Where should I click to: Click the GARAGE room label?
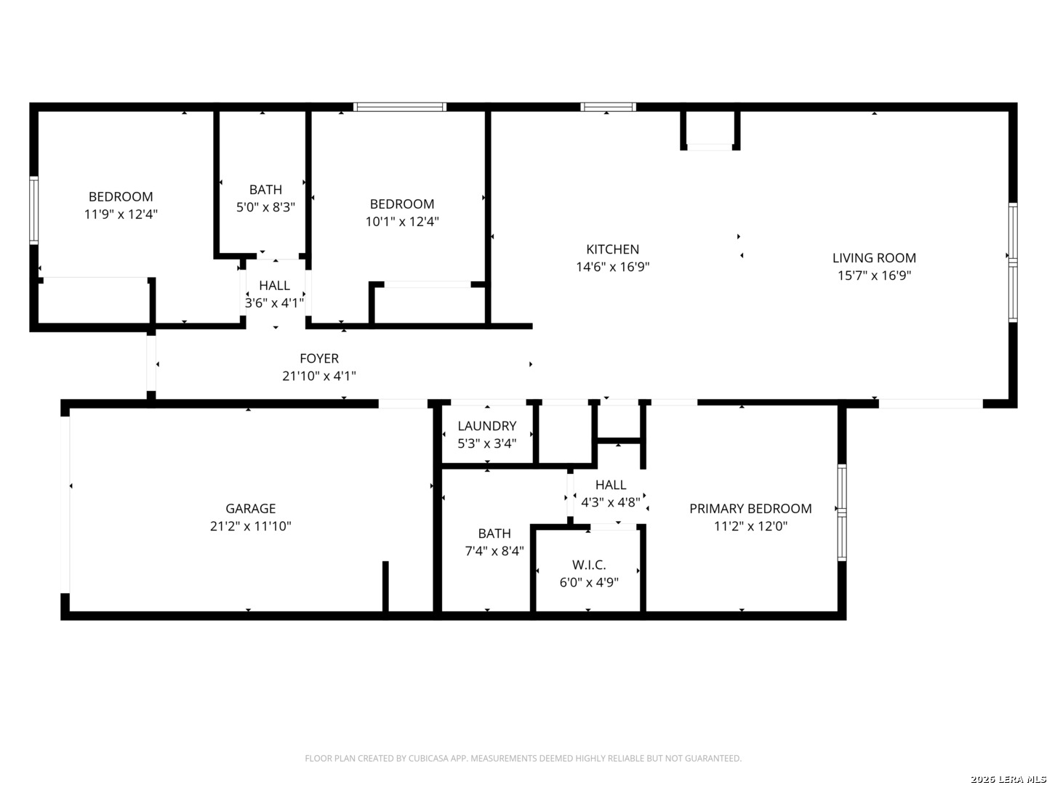(x=250, y=509)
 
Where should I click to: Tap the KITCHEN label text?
(x=612, y=249)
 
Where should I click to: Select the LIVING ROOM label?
(x=875, y=258)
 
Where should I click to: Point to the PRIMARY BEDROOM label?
(x=750, y=509)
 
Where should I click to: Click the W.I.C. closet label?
(x=589, y=565)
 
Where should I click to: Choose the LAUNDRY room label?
(x=487, y=426)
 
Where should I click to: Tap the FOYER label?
(x=319, y=358)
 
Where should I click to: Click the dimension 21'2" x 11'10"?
(x=250, y=526)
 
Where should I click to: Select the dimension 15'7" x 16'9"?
(x=875, y=275)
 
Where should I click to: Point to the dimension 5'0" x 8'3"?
(x=265, y=207)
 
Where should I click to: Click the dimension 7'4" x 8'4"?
(x=494, y=551)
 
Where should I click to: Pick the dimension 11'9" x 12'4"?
(x=121, y=214)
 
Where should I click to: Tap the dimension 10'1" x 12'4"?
(x=402, y=221)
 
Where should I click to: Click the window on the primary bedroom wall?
(x=842, y=512)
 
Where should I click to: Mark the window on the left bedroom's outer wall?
(x=34, y=210)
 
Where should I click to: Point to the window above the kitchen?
(x=608, y=107)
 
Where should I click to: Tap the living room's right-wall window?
(x=1013, y=262)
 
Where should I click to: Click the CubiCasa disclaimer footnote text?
(x=523, y=758)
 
